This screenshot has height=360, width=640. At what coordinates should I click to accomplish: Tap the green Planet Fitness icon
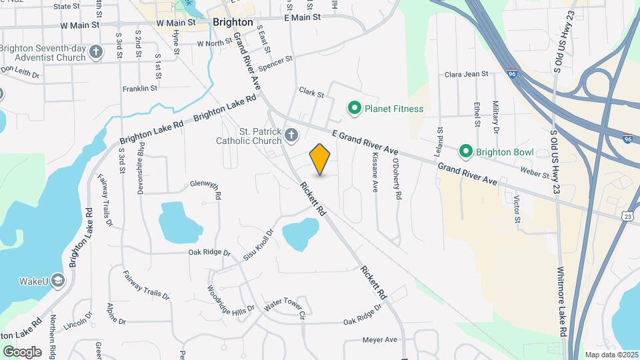pyautogui.click(x=355, y=108)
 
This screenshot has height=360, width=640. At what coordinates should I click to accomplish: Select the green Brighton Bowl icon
pyautogui.click(x=467, y=152)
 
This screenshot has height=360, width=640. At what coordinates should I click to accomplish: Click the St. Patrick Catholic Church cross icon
pyautogui.click(x=291, y=136)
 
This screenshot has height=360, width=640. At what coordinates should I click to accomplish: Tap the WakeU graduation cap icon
pyautogui.click(x=58, y=281)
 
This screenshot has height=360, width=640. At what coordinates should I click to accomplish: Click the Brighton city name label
pyautogui.click(x=233, y=22)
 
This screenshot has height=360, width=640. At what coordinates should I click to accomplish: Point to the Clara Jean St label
pyautogui.click(x=467, y=74)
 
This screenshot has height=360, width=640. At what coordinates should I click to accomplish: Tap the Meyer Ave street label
pyautogui.click(x=380, y=340)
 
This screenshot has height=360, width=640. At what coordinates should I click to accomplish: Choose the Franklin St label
pyautogui.click(x=140, y=88)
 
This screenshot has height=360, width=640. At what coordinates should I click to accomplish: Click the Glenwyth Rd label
pyautogui.click(x=205, y=186)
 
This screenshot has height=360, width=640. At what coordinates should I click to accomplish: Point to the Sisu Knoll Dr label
pyautogui.click(x=258, y=245)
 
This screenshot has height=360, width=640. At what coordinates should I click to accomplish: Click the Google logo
pyautogui.click(x=22, y=351)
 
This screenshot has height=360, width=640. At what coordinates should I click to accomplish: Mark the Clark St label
pyautogui.click(x=311, y=93)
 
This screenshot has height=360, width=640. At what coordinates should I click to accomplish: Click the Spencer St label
pyautogui.click(x=276, y=63)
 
